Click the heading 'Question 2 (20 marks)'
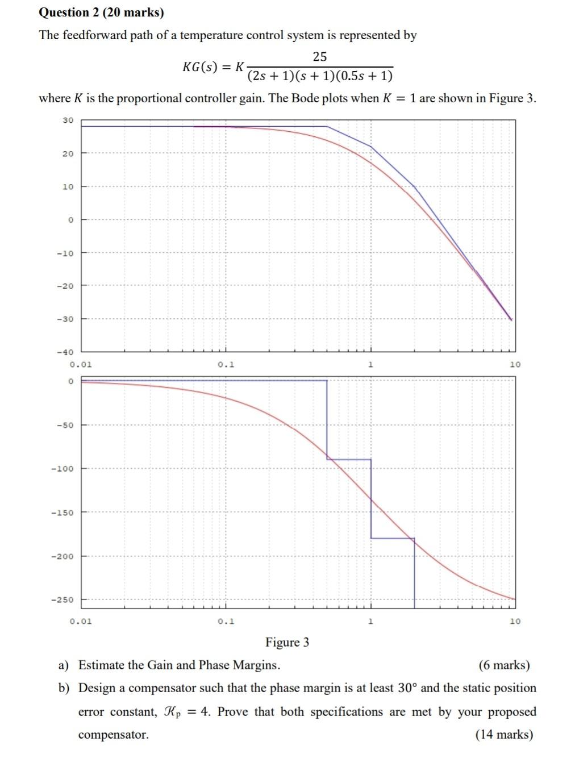click(101, 13)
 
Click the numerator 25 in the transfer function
click(320, 57)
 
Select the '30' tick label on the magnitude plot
click(68, 120)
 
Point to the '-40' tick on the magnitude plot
click(66, 352)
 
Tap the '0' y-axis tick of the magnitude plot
click(70, 220)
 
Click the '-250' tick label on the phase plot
click(63, 600)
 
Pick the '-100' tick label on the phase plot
click(63, 469)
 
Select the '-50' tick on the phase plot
click(65, 425)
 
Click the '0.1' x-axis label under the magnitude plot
click(226, 364)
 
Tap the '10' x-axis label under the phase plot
click(515, 621)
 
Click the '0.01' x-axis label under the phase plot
click(81, 621)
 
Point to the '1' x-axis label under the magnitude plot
click(370, 364)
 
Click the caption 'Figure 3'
click(287, 643)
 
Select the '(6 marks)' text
click(504, 665)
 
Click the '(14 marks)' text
click(504, 735)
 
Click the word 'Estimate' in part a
click(101, 665)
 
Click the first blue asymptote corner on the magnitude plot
click(327, 127)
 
